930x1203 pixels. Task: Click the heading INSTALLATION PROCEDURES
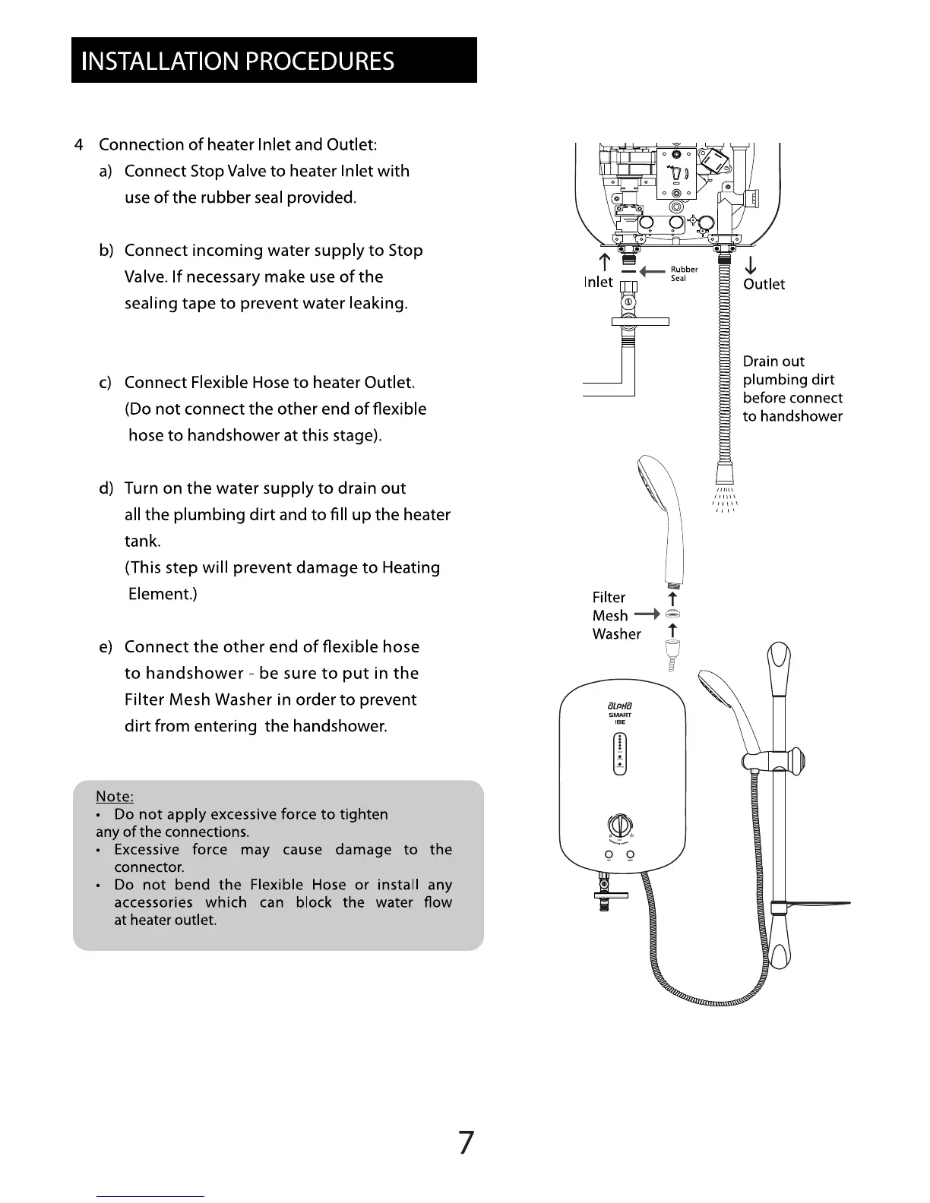tap(238, 61)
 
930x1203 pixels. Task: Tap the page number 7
tap(466, 1142)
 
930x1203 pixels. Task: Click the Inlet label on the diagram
tap(598, 282)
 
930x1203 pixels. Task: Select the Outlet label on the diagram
tap(764, 284)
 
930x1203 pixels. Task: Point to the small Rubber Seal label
tap(683, 273)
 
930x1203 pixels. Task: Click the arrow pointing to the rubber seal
tap(653, 271)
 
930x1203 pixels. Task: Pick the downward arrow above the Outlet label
tap(750, 265)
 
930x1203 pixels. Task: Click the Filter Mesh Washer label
tap(616, 616)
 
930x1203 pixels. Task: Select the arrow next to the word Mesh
tap(648, 614)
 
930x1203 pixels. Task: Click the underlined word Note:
tap(115, 796)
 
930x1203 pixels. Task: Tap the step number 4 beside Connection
tap(79, 145)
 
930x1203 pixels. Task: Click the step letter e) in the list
tap(106, 647)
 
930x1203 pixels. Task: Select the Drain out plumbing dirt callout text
tap(792, 389)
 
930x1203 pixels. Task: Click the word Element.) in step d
tap(162, 594)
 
